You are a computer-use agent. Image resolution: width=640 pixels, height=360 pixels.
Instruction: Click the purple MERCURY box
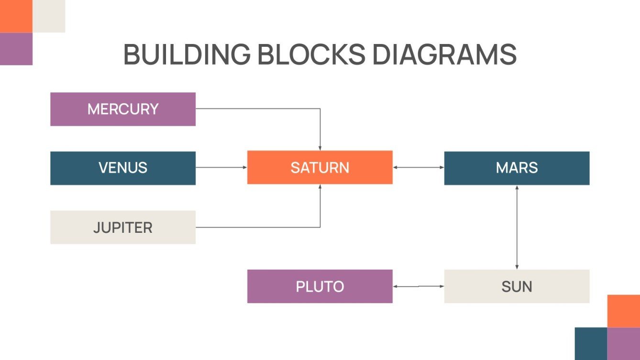coord(123,109)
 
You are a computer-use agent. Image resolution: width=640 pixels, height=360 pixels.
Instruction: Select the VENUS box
coord(123,168)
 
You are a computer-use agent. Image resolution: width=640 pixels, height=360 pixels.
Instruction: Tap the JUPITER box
coord(123,227)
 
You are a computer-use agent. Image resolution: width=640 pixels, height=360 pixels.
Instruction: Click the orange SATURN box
coord(320,167)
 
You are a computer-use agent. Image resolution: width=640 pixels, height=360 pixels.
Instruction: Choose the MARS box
coord(517,168)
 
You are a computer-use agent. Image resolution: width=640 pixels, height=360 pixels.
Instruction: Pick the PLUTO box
coord(320,286)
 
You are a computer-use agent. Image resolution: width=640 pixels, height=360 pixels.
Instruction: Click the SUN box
coord(517,286)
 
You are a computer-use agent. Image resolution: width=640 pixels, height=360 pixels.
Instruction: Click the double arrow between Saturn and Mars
coord(418,167)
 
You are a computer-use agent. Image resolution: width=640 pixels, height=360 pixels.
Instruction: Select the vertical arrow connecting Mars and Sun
coord(517,227)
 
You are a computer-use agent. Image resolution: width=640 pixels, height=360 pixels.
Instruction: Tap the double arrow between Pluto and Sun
coord(418,286)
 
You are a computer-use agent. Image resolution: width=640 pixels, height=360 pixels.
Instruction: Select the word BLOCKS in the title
coord(311,55)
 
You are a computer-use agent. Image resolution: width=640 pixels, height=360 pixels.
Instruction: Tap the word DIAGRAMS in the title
coord(444,55)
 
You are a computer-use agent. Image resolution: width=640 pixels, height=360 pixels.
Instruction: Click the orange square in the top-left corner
coord(16,16)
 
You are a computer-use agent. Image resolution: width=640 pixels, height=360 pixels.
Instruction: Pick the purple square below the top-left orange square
coord(16,49)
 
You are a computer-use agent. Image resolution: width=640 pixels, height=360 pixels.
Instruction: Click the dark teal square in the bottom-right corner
coord(591,343)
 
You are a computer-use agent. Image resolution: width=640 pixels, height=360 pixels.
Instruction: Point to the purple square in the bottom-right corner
coord(624,343)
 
